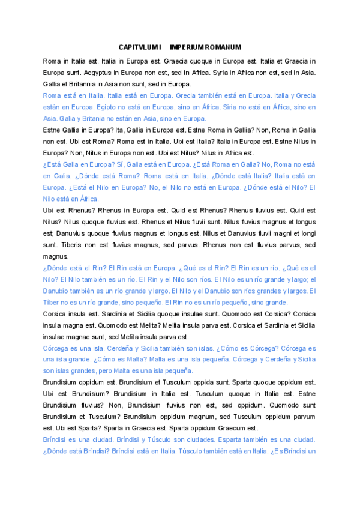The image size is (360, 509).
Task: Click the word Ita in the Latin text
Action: (x=126, y=130)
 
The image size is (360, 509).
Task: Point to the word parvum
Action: (x=301, y=417)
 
